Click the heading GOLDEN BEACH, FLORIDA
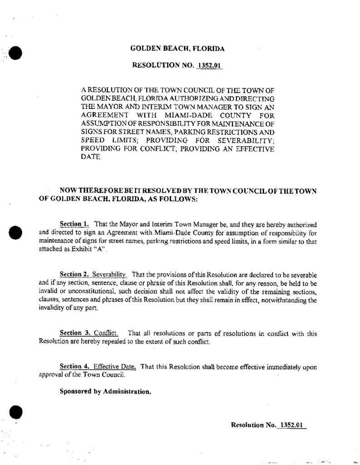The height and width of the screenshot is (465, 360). [178, 48]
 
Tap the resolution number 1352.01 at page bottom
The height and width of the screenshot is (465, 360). [293, 425]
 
